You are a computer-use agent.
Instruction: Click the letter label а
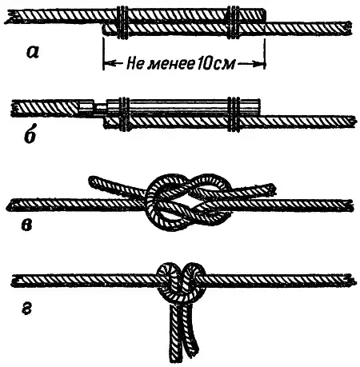click(33, 52)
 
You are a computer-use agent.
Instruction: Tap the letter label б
click(30, 135)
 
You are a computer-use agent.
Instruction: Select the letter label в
click(26, 225)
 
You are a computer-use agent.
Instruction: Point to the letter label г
click(26, 309)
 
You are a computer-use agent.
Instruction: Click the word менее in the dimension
click(170, 64)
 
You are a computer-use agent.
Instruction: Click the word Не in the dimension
click(135, 64)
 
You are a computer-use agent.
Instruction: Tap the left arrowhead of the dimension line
click(107, 64)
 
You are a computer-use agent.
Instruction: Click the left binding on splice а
click(122, 23)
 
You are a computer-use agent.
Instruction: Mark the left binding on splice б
click(124, 114)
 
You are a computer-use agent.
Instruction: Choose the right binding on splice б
click(234, 114)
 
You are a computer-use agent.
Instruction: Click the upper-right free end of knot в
click(270, 189)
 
